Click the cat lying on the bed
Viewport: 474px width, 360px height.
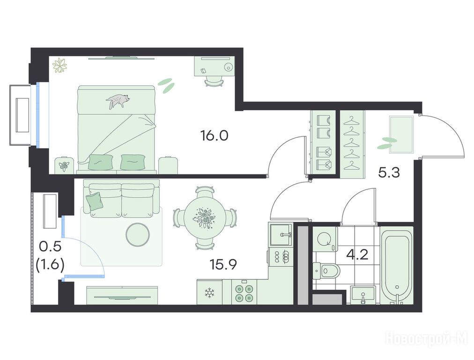118,100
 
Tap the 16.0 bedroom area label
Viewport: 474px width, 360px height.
215,136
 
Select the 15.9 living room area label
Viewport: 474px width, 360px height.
223,264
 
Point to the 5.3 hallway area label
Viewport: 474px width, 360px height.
389,173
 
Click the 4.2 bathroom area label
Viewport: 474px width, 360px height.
357,255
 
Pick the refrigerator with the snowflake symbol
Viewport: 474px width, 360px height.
209,292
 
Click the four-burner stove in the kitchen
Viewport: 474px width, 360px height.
244,292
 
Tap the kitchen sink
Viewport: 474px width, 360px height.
281,235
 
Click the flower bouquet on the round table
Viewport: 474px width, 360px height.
205,217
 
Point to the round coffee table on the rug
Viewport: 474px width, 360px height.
138,234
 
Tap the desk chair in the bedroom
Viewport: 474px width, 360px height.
215,81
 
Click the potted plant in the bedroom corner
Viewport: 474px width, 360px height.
59,65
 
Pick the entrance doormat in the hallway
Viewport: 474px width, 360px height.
401,135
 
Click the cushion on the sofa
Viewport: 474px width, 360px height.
95,200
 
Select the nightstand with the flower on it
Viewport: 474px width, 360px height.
64,165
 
